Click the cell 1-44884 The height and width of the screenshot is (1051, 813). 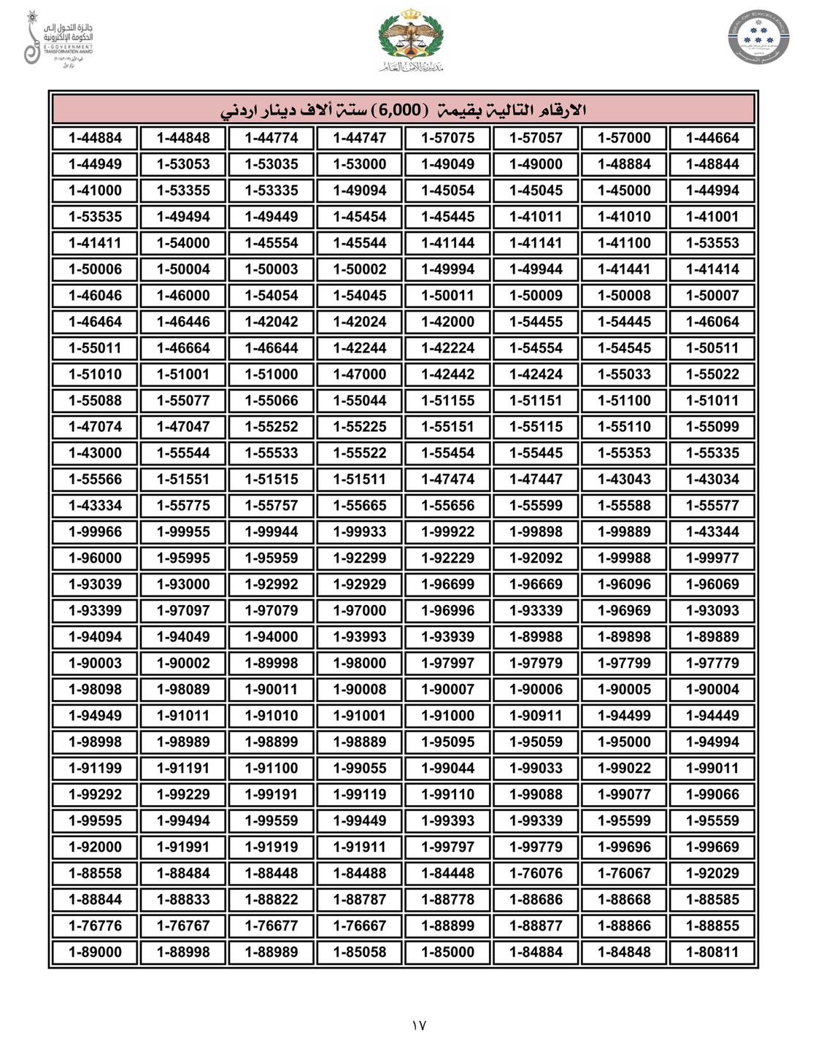point(95,138)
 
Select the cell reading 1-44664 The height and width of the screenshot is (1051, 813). point(712,138)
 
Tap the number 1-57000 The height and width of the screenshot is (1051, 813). point(624,138)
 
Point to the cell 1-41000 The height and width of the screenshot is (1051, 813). point(95,190)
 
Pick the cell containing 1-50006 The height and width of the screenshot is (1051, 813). point(95,269)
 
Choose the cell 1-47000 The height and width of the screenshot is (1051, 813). point(359,374)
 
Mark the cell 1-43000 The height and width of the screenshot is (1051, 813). point(95,453)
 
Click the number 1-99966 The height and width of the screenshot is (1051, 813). point(95,532)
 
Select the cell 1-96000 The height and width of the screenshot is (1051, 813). point(95,558)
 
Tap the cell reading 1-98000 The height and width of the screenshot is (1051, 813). point(359,663)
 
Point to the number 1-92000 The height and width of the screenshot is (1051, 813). point(95,847)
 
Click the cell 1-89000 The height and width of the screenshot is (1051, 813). point(95,952)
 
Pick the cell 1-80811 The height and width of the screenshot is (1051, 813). point(712,952)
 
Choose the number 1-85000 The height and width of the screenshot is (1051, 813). point(447,952)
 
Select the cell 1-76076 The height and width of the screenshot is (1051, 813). point(536,874)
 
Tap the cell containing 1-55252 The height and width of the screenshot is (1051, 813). point(271,427)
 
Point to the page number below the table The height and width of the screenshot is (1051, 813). point(418,1025)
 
